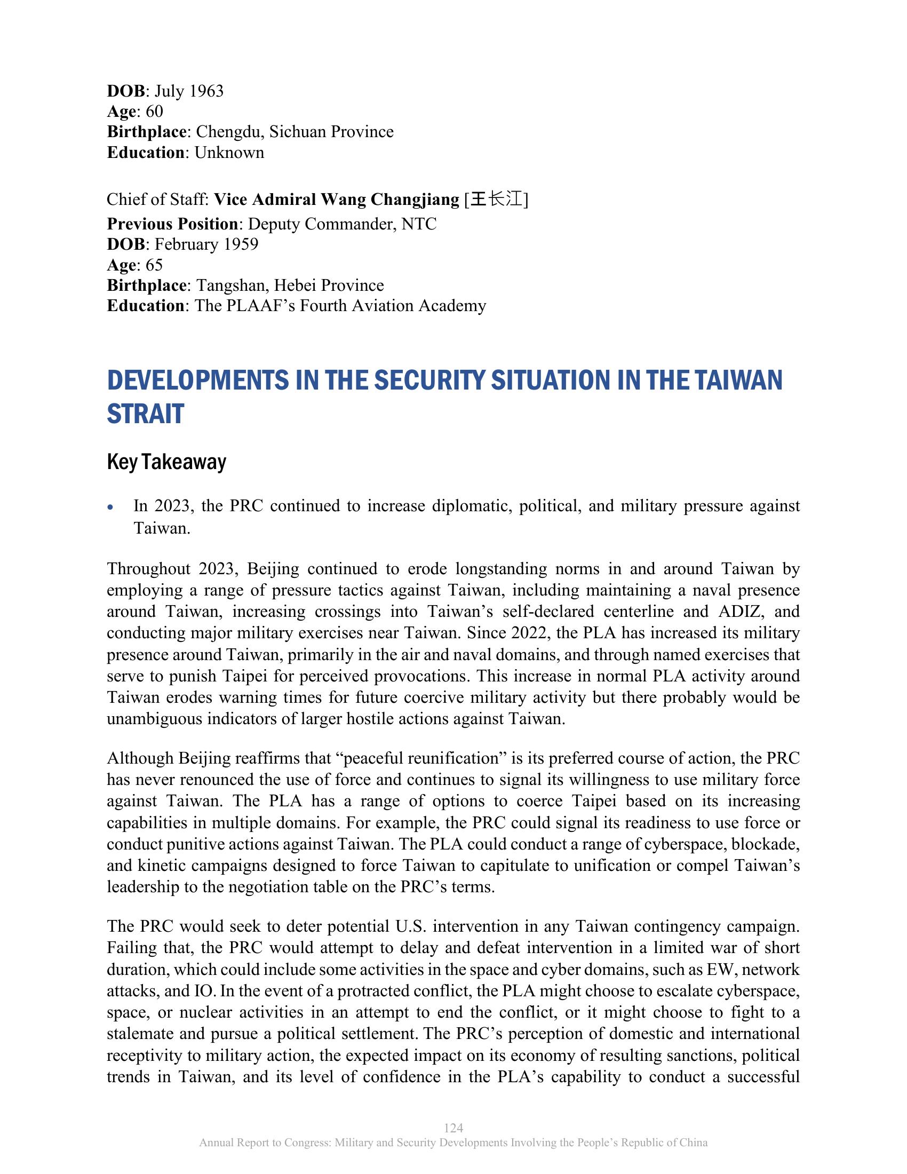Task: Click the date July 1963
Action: [x=189, y=91]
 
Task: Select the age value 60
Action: [x=154, y=112]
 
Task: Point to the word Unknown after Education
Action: [x=229, y=153]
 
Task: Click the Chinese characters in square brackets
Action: [x=497, y=200]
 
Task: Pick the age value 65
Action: [x=154, y=265]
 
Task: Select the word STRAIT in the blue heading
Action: [x=146, y=414]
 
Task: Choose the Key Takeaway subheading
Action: [x=166, y=462]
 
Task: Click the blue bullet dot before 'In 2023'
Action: [x=110, y=507]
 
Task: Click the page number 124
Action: [x=454, y=1128]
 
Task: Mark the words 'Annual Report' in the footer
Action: [x=229, y=1143]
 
